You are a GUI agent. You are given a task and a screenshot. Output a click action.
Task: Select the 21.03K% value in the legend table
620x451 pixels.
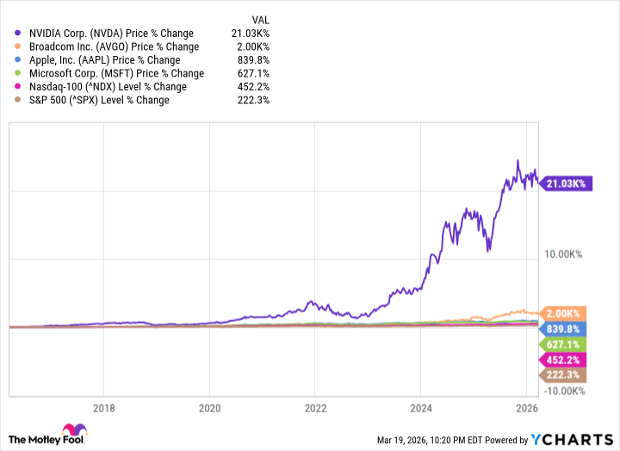point(250,34)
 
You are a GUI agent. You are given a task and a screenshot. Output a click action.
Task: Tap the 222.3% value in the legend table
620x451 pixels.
point(253,100)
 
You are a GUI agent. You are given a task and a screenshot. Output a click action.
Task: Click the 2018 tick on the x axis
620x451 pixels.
point(103,409)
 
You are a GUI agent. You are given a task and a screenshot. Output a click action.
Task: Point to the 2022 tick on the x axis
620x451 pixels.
point(316,409)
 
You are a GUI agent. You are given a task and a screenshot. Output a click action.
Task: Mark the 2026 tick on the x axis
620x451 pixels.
point(528,409)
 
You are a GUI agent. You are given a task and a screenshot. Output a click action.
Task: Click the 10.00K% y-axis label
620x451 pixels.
point(562,254)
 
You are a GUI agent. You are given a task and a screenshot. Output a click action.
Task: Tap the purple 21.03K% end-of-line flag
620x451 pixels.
point(566,183)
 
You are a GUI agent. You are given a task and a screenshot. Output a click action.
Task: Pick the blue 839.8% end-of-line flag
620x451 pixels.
point(562,329)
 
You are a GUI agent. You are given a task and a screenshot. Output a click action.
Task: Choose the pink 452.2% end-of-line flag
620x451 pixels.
point(562,360)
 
